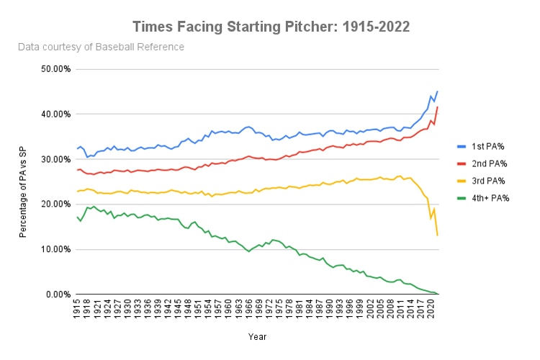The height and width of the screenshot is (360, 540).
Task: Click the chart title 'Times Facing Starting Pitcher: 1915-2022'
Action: (271, 27)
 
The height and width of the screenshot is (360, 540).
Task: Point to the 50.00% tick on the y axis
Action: (52, 69)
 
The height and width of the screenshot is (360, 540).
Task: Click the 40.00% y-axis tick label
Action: (52, 114)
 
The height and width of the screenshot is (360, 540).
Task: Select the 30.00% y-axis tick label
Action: (52, 159)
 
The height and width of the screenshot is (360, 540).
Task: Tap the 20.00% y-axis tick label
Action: (52, 204)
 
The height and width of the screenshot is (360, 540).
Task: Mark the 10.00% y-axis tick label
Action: (52, 249)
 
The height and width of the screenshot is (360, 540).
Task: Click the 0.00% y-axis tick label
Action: (54, 294)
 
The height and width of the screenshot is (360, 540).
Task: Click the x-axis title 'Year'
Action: (258, 336)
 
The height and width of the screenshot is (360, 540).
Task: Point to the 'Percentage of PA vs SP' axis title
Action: (24, 181)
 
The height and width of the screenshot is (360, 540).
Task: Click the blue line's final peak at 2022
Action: (437, 91)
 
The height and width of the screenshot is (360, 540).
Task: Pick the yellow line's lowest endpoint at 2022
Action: (437, 235)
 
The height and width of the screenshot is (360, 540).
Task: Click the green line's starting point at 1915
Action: (77, 217)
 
